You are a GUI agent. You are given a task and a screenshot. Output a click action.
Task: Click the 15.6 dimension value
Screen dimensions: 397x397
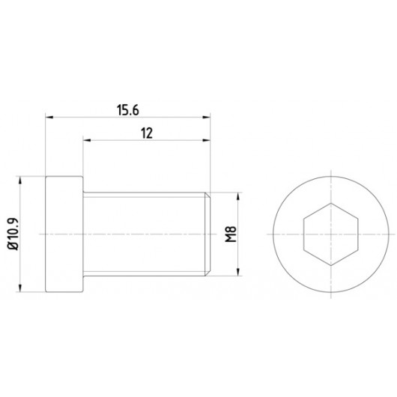tap(128, 110)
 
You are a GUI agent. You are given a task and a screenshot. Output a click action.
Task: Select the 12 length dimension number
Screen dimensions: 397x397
tap(147, 133)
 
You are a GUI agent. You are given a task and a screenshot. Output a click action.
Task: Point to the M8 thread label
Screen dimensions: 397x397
tap(231, 234)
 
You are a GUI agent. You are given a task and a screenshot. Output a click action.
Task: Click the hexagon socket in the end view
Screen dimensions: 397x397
tap(331, 234)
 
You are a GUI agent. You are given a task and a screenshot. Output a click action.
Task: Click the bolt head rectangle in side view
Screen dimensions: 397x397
tap(64, 234)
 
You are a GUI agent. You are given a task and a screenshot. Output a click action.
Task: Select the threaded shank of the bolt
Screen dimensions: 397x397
tap(147, 234)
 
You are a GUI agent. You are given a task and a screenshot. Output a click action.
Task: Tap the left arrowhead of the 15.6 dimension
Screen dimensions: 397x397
tap(49, 117)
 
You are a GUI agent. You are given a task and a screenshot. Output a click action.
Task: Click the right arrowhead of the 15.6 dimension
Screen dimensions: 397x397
tap(206, 117)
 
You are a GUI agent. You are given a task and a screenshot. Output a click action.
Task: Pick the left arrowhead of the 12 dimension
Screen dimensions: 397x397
tap(87, 140)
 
